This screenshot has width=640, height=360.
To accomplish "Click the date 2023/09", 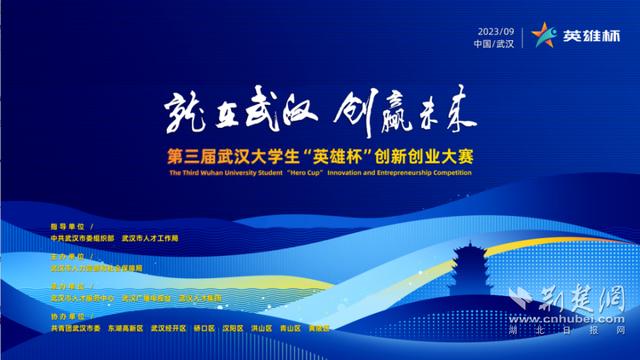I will coord(497,28).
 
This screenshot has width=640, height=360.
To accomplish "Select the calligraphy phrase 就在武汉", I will coord(229,117).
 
